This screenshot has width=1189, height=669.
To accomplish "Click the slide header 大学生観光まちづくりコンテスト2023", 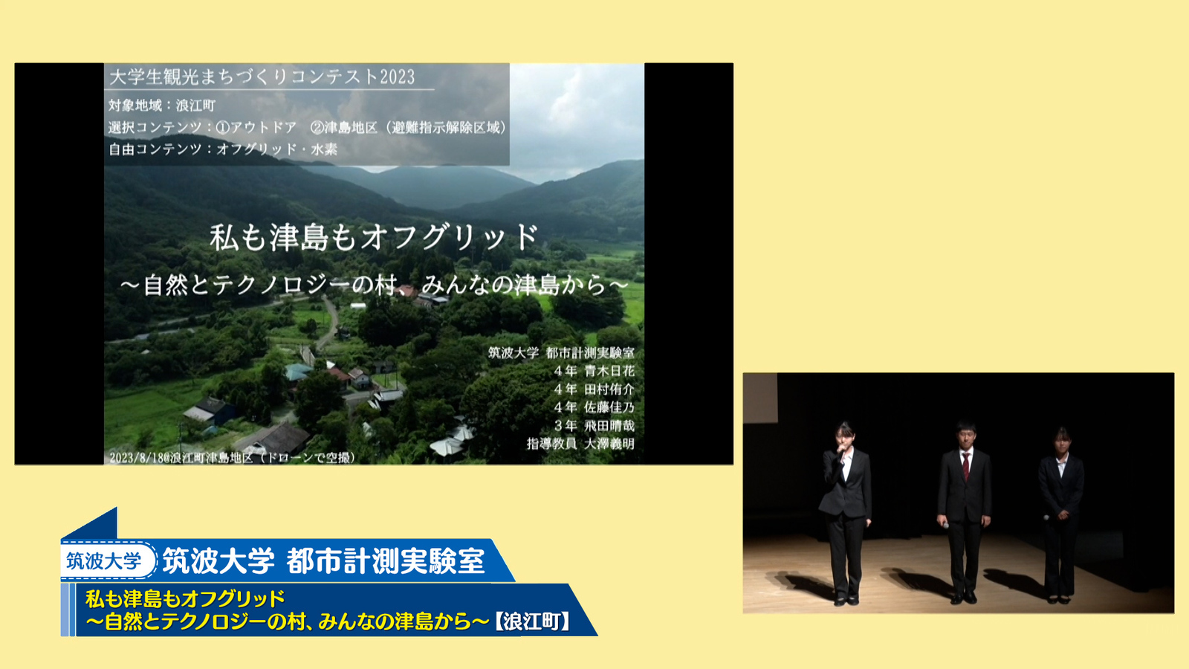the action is [262, 77].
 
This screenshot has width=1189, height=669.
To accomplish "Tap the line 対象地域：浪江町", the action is [162, 106].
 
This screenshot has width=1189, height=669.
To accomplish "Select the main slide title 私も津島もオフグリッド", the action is [375, 237].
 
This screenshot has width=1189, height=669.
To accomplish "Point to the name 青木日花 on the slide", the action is [609, 371].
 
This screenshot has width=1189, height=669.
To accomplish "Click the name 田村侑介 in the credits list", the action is [609, 390].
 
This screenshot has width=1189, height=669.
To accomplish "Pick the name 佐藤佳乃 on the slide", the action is [609, 407].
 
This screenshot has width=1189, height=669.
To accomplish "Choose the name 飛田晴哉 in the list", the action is [609, 425].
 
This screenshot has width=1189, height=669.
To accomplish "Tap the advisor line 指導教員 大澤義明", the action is [580, 443].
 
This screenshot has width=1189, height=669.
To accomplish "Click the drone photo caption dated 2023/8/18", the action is [233, 458].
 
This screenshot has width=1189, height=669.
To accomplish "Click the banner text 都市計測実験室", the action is [386, 560].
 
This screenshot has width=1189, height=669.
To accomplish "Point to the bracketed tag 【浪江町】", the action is [532, 621].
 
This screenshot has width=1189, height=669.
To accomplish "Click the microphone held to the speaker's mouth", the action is [841, 453].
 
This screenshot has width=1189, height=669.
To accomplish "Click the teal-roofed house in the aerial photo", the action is [298, 371].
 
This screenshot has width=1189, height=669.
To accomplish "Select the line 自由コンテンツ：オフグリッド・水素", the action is [223, 149].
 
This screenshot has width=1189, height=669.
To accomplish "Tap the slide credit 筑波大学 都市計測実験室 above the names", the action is [561, 352].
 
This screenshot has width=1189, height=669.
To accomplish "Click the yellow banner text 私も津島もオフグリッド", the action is [185, 598].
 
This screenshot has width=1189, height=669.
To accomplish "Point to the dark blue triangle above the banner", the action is [99, 526].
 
